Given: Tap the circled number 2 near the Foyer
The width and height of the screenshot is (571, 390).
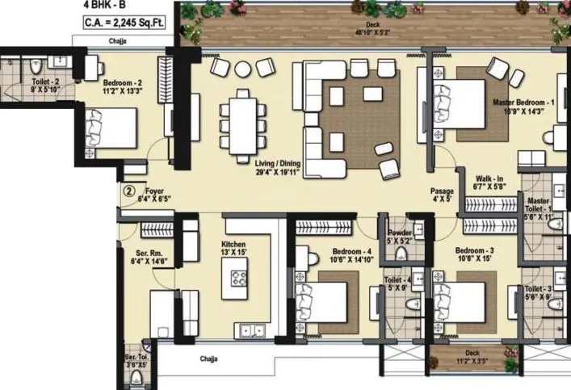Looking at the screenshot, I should tap(129, 191).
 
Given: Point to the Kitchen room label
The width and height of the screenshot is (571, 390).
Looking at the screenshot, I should tap(233, 245).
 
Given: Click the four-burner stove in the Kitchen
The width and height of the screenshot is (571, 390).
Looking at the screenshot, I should tap(240, 279).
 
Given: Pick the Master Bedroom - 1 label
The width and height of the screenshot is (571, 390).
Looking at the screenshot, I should tap(523, 103).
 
